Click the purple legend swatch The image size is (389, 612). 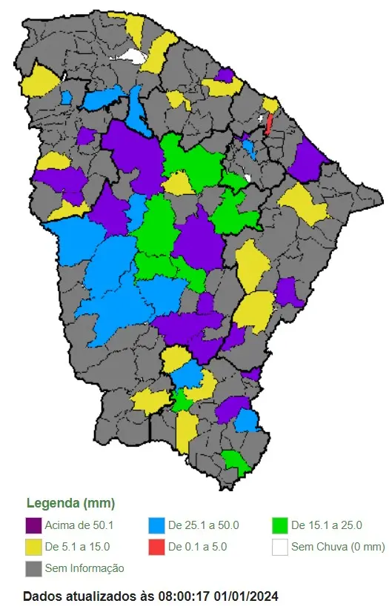33,526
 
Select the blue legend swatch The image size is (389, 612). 156,526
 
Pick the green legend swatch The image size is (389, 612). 279,526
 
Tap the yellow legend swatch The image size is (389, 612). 33,548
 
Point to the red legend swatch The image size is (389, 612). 156,548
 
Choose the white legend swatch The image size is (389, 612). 279,548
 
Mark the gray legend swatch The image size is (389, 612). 33,568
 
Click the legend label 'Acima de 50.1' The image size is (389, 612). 79,526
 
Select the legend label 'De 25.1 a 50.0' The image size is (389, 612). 204,526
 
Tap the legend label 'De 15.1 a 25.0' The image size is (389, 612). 327,526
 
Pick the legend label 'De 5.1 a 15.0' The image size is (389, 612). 77,548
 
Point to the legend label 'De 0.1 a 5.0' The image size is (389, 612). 197,548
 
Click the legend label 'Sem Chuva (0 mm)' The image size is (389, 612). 338,548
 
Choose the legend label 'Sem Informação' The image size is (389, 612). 84,568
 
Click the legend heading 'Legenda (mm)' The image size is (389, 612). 70,504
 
